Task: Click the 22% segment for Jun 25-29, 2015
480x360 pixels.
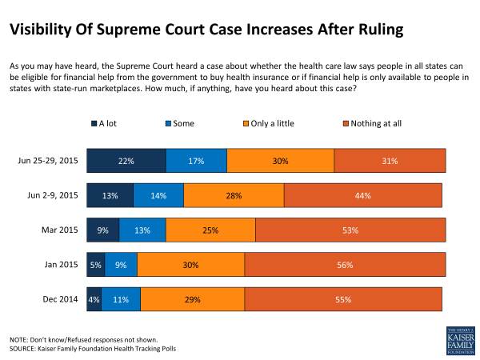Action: tap(126, 161)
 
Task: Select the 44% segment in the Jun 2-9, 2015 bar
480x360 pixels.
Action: tap(363, 195)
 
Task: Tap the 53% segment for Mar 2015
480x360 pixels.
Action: tap(350, 230)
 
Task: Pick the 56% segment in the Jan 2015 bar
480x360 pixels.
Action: tap(345, 264)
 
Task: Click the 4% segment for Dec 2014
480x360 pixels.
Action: tap(94, 298)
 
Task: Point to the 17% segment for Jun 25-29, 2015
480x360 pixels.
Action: tap(196, 161)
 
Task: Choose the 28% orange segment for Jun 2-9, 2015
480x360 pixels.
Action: tap(234, 195)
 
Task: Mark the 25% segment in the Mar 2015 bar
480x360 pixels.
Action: tap(210, 230)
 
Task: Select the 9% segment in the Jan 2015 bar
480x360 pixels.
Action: tap(121, 264)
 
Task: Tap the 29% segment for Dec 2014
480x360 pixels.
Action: tap(192, 298)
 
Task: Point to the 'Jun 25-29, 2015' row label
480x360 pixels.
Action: tap(48, 161)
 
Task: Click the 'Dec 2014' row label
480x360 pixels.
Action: tap(61, 298)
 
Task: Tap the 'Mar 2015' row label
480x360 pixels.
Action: tap(61, 230)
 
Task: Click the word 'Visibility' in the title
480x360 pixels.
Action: tap(44, 30)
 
